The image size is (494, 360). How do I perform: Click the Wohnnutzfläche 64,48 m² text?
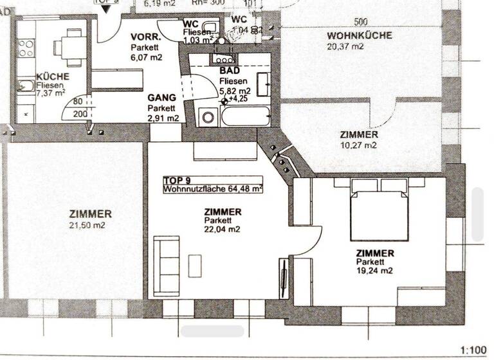212,189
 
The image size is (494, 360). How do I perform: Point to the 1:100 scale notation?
474,350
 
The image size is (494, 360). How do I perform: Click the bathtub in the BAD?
244,116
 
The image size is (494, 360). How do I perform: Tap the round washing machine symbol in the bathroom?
208,118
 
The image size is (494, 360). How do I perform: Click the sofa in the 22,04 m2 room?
167,264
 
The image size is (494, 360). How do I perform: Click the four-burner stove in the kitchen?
26,47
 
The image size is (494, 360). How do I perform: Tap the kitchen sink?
26,85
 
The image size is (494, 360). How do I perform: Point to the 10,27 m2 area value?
359,145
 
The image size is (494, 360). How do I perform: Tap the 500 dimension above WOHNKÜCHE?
361,21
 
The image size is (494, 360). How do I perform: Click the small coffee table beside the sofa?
194,264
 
